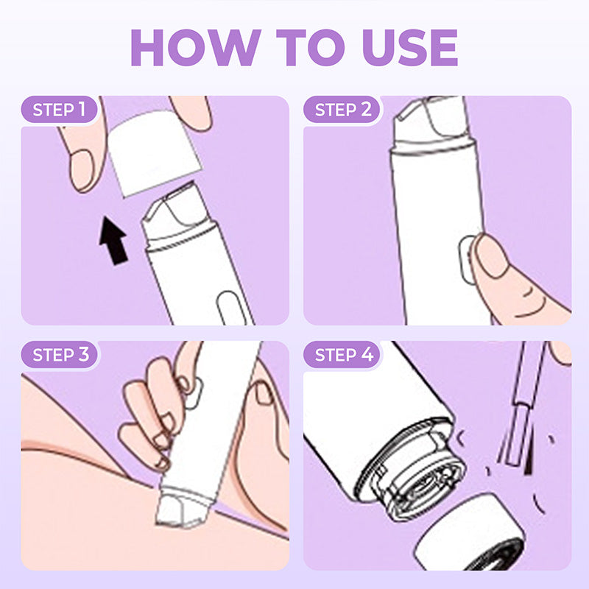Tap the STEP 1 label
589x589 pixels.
point(65,110)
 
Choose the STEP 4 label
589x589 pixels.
point(344,355)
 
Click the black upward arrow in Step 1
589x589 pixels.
point(112,239)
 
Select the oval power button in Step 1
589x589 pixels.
point(227,306)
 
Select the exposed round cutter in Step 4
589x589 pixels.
point(420,486)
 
